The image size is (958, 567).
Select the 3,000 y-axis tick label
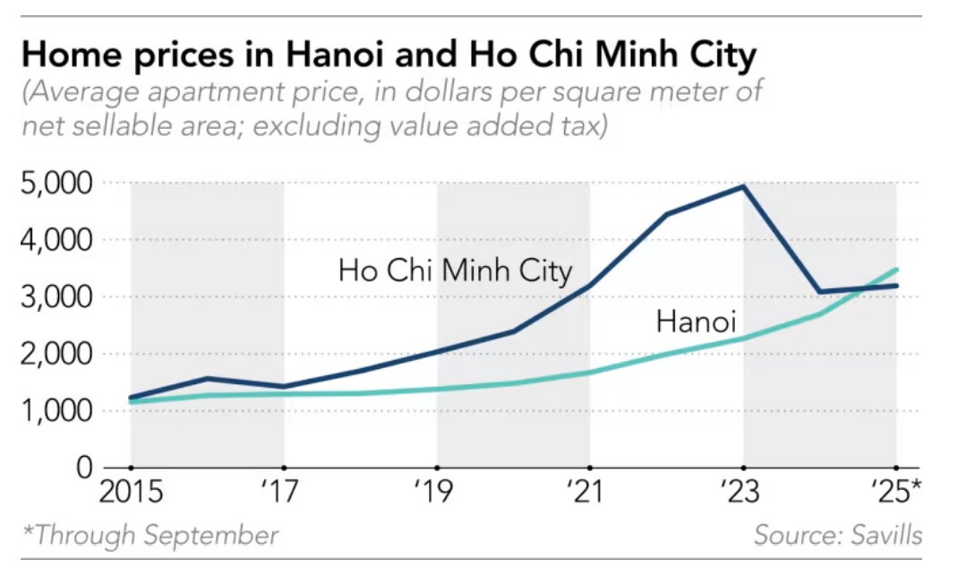point(56,297)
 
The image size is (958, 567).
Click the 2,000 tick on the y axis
point(56,354)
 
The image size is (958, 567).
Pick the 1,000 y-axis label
point(56,411)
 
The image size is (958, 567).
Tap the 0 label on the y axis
point(84,468)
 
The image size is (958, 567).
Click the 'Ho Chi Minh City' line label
point(455,270)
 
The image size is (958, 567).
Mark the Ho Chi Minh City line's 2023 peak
point(743,186)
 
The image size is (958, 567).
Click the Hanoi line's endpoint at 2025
point(896,270)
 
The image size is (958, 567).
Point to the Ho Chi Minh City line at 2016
point(207,378)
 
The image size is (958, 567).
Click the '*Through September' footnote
point(150,536)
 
